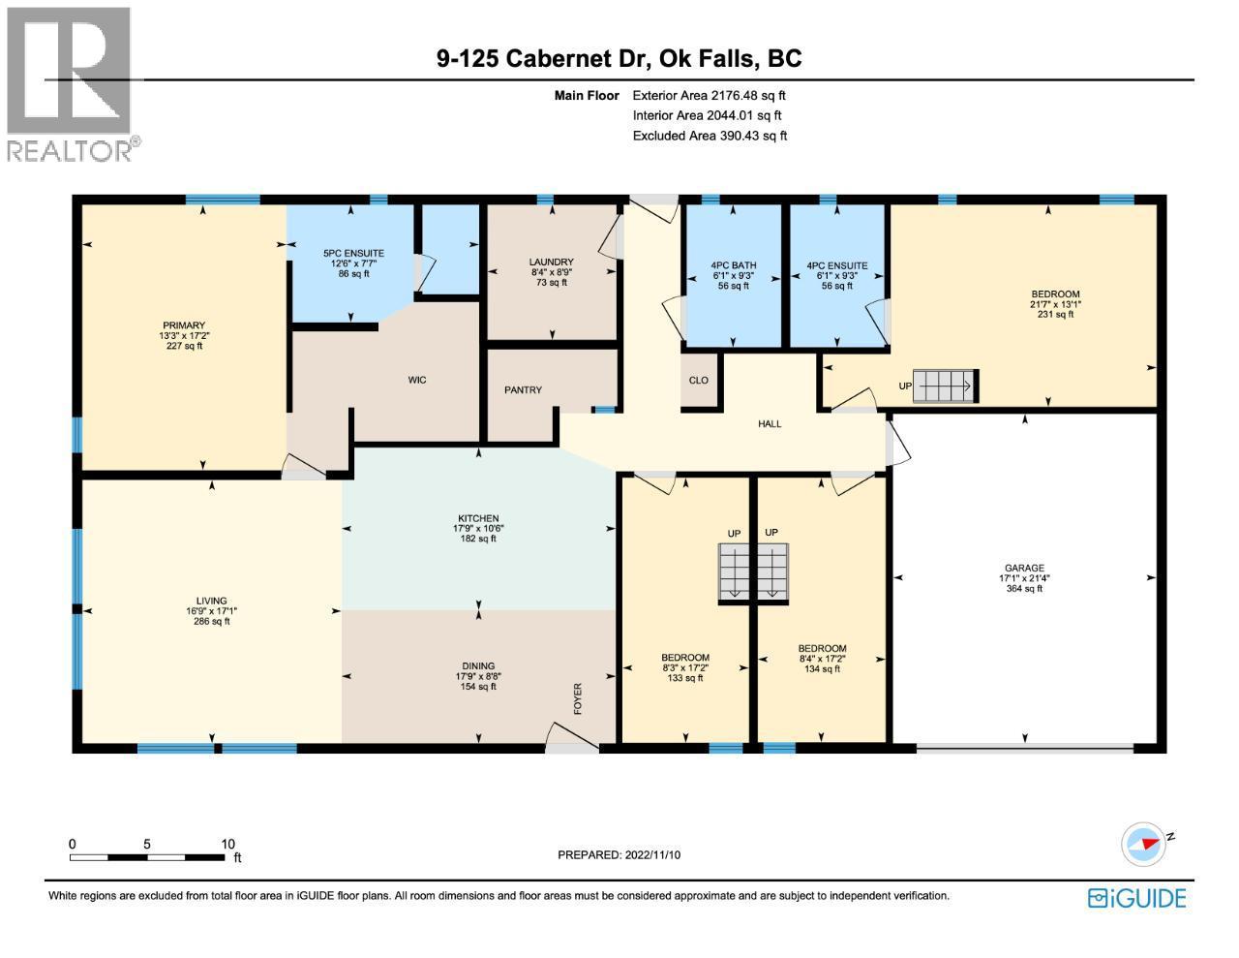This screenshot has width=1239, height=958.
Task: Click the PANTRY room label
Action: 523,390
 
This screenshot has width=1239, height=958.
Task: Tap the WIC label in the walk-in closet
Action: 416,381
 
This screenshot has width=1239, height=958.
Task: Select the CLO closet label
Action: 698,381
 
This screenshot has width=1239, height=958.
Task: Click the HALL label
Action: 770,424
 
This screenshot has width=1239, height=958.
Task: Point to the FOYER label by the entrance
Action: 579,698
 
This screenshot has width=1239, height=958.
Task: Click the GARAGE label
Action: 1024,569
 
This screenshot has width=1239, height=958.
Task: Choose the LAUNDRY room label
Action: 551,263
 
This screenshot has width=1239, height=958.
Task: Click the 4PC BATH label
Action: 733,265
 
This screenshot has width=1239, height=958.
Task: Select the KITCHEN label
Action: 478,519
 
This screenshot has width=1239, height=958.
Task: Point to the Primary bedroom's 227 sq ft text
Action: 184,346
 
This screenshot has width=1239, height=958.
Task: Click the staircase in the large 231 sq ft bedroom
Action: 946,386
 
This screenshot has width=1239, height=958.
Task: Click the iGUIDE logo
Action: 1136,898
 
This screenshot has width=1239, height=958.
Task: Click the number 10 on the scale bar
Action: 228,844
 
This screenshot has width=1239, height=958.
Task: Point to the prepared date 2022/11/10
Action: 619,855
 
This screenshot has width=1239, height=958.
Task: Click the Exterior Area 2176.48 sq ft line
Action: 709,96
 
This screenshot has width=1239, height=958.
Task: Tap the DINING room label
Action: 478,665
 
